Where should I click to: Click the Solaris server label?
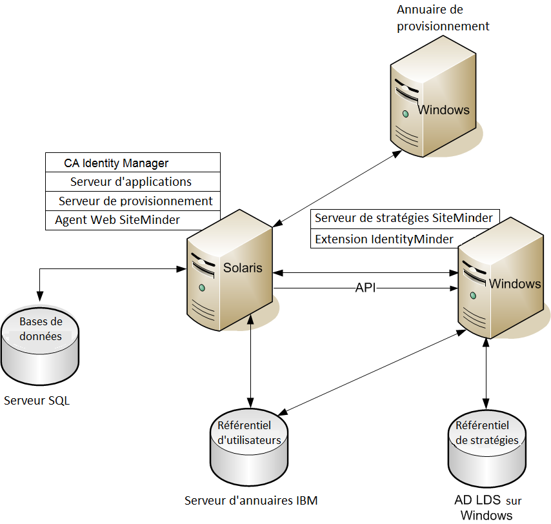point(243,267)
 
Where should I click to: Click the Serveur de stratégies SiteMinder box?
point(404,218)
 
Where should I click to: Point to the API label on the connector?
point(365,288)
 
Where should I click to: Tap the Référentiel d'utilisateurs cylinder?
point(249,445)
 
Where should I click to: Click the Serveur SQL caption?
point(37,401)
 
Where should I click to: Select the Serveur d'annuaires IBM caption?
point(251,500)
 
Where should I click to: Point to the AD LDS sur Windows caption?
point(488,508)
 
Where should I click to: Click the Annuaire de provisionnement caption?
point(443,18)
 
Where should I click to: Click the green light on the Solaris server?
point(202,287)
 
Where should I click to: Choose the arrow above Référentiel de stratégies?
point(486,374)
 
